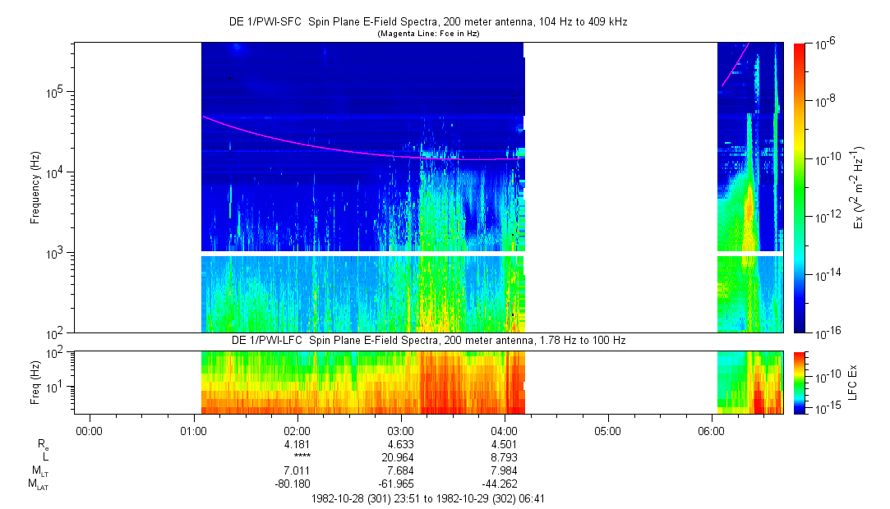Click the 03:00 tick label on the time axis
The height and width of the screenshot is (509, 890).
tap(400, 429)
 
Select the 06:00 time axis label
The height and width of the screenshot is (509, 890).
tap(711, 429)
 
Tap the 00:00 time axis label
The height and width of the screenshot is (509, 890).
tap(89, 429)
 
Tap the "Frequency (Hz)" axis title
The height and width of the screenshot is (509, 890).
tap(35, 187)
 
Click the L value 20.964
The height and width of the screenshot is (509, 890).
tap(400, 456)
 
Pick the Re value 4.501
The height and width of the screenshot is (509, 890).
tap(504, 443)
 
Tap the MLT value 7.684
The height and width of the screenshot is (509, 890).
tap(400, 470)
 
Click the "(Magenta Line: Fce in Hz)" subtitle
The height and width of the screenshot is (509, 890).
tap(428, 34)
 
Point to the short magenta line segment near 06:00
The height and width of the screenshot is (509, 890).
tap(735, 64)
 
